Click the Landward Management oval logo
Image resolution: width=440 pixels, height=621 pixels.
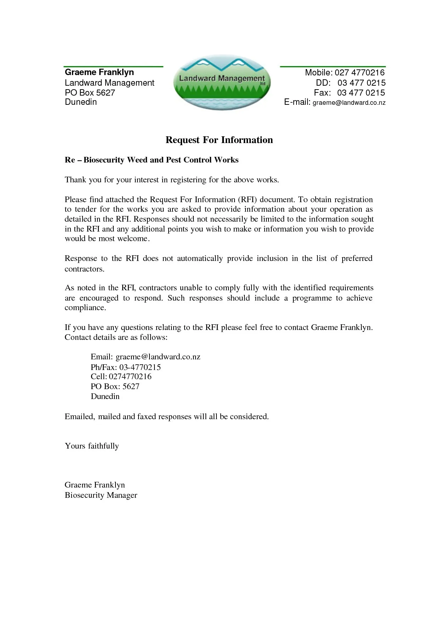[x=222, y=82]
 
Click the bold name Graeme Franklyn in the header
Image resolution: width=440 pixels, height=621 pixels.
[x=99, y=72]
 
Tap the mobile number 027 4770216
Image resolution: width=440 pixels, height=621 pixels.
[x=359, y=73]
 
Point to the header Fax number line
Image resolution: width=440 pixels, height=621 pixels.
[x=349, y=93]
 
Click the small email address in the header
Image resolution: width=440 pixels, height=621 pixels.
[x=349, y=103]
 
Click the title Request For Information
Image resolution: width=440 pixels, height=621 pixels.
[x=219, y=140]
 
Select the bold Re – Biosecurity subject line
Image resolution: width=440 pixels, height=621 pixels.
[x=151, y=160]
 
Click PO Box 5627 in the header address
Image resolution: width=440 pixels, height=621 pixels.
[x=90, y=93]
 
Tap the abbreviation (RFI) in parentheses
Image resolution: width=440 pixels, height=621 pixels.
[x=247, y=199]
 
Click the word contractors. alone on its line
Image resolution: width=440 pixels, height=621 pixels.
[x=85, y=269]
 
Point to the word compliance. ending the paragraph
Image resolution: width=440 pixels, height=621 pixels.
[x=85, y=308]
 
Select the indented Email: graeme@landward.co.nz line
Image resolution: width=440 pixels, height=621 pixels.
[x=145, y=357]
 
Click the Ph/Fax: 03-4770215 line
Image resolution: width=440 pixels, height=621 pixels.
[x=125, y=367]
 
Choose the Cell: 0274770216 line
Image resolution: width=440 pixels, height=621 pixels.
[x=121, y=376]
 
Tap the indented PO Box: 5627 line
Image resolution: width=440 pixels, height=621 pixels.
[x=115, y=386]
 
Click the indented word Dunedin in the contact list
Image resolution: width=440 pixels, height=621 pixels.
[x=105, y=396]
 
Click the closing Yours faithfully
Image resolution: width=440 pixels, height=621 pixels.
[x=92, y=446]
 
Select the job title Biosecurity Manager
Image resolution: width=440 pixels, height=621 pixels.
[x=101, y=495]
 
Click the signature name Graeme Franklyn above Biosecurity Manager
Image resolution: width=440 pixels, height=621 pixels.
[x=95, y=485]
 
